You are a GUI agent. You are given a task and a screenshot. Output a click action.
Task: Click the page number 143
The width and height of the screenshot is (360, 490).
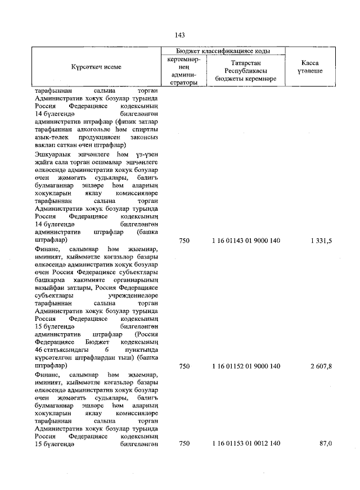[180, 35]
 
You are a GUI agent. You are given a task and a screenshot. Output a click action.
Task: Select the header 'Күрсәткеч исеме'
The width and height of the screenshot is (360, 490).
[96, 67]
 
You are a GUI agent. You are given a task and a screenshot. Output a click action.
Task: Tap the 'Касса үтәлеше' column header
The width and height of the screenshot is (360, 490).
[309, 67]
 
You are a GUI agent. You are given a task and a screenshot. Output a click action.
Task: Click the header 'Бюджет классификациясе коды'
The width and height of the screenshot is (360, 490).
[223, 51]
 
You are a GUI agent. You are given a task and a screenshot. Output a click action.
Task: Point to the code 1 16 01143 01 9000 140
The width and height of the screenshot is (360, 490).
[246, 241]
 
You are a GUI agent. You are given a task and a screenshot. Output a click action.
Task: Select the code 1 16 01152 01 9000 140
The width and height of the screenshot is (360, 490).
[246, 366]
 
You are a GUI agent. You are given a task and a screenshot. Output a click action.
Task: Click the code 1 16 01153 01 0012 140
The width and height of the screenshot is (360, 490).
[246, 444]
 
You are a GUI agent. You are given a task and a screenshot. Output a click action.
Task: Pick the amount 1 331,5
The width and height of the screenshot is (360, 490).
[321, 241]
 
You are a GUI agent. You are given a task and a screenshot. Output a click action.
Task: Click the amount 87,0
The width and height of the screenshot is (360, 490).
[326, 444]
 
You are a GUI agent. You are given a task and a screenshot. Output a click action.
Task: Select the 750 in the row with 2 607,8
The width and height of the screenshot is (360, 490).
[184, 366]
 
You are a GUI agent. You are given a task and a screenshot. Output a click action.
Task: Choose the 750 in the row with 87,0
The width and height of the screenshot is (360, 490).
[184, 444]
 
